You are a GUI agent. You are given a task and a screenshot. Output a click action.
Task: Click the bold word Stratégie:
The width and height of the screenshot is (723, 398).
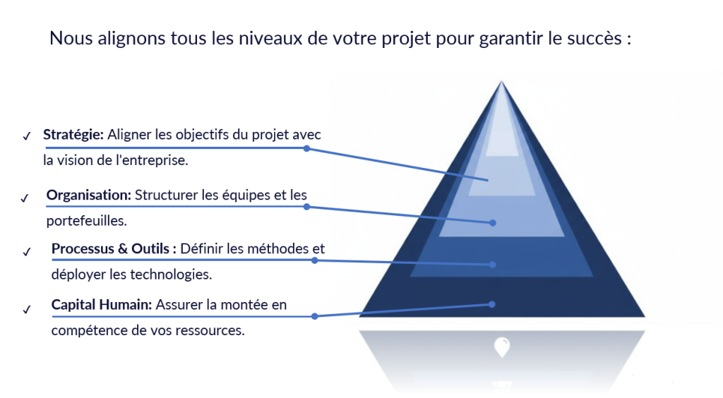pyautogui.click(x=73, y=135)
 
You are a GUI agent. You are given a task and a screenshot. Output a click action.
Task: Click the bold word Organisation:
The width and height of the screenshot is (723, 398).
pyautogui.click(x=89, y=195)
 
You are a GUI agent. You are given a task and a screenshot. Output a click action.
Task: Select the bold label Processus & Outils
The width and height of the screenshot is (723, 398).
pyautogui.click(x=111, y=248)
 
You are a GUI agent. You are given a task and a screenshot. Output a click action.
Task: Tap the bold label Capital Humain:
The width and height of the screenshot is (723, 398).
pyautogui.click(x=102, y=304)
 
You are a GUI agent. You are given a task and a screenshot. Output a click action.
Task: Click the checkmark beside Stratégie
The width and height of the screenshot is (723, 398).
pyautogui.click(x=27, y=136)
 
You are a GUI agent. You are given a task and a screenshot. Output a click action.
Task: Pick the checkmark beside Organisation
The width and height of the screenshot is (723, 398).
pyautogui.click(x=25, y=198)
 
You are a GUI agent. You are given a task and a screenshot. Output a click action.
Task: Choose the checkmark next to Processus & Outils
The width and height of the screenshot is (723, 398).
pyautogui.click(x=27, y=251)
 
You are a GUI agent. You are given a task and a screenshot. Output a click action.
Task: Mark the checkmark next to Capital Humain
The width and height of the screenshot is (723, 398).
pyautogui.click(x=27, y=310)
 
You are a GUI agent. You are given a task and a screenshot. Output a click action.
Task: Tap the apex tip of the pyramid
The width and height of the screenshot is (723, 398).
pyautogui.click(x=501, y=82)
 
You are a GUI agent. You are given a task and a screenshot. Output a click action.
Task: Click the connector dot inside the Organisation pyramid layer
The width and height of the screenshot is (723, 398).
pyautogui.click(x=492, y=223)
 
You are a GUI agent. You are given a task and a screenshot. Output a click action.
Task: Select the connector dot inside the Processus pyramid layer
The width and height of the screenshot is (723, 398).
pyautogui.click(x=492, y=265)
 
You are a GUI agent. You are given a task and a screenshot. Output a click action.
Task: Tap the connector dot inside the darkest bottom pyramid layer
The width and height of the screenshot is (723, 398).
pyautogui.click(x=492, y=304)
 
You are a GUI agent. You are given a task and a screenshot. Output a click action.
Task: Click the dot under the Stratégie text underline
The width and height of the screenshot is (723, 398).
pyautogui.click(x=306, y=148)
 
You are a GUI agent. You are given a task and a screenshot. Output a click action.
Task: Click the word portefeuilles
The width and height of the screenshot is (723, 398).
pyautogui.click(x=86, y=221)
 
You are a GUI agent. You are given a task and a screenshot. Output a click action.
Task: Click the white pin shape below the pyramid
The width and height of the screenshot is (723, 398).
pyautogui.click(x=502, y=347)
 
